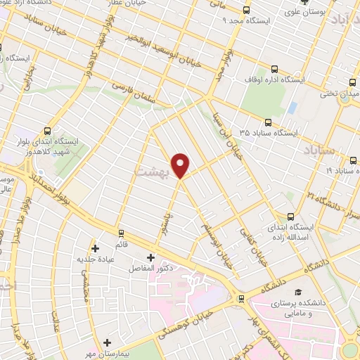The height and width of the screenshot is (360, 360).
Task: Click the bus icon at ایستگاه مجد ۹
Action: (246, 11)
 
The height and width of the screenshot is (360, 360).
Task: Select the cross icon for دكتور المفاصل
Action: (150, 258)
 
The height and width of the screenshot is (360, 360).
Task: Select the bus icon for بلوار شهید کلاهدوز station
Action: (47, 130)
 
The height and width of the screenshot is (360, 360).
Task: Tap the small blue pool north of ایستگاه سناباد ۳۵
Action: (292, 108)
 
